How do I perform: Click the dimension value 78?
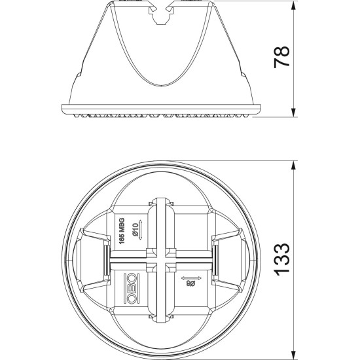pos(281,57)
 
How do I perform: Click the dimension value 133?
pos(281,259)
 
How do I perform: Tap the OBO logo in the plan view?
pos(130,288)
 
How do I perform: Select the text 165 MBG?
pos(122,231)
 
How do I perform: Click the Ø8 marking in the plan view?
pos(190,284)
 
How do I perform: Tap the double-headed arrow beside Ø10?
pos(141,230)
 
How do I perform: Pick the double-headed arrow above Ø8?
pos(191,278)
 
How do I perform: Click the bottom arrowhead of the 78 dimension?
pos(293,113)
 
